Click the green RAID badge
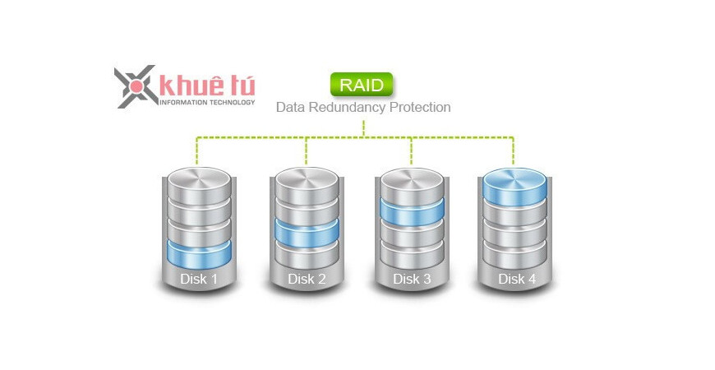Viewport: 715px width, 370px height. click(362, 85)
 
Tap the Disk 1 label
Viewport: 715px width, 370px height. click(199, 279)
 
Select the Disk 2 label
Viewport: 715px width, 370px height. click(307, 279)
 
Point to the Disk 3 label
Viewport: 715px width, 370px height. click(412, 279)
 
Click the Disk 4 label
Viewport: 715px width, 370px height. click(517, 279)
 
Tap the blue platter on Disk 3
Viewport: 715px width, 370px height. click(412, 209)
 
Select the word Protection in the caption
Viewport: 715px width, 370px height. click(420, 107)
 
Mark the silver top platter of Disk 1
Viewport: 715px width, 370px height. click(199, 180)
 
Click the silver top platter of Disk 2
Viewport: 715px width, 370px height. click(307, 180)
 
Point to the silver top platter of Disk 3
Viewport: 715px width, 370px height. click(412, 180)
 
